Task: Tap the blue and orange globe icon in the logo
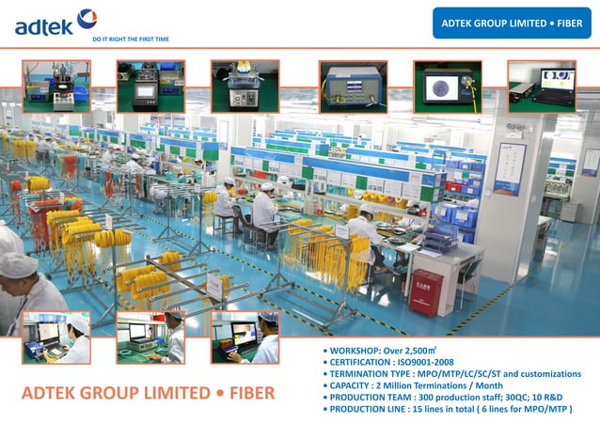pyautogui.click(x=87, y=17)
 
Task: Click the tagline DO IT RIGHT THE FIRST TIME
pyautogui.click(x=130, y=39)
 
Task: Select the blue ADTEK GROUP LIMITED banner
pyautogui.click(x=512, y=22)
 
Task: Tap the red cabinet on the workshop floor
pyautogui.click(x=425, y=291)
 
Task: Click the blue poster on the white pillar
pyautogui.click(x=509, y=169)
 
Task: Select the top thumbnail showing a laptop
pyautogui.click(x=542, y=86)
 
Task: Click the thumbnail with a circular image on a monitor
pyautogui.click(x=448, y=86)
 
